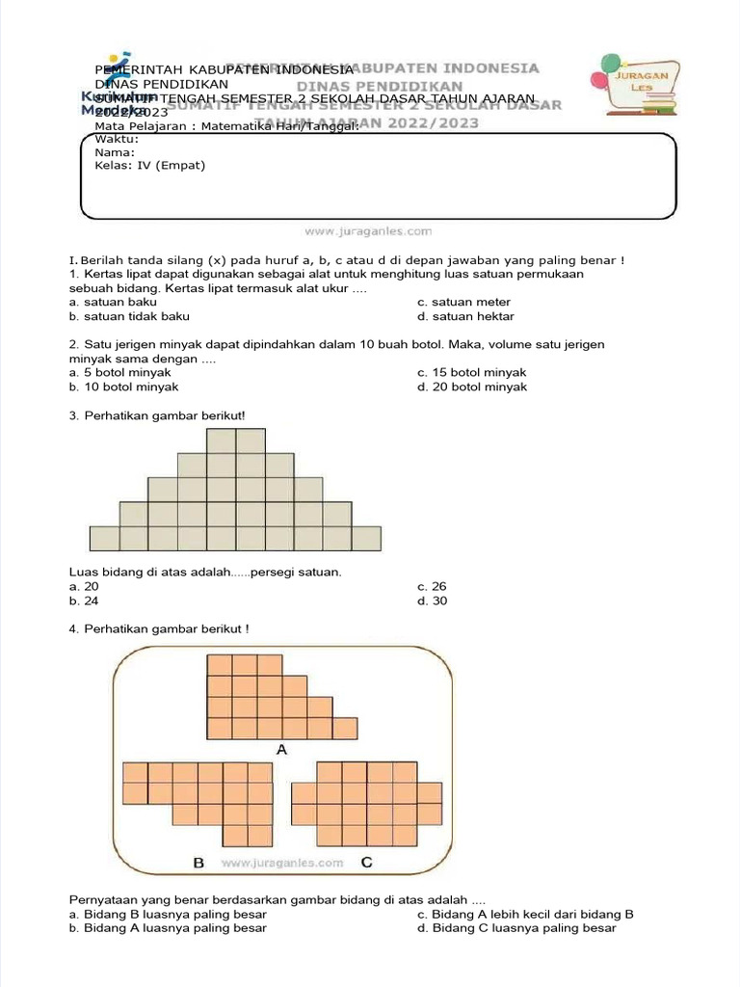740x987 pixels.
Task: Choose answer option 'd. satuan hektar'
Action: (x=465, y=316)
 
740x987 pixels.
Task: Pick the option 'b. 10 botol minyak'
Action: (x=123, y=387)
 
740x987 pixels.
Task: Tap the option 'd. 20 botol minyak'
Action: (x=472, y=387)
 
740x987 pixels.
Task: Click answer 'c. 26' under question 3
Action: (x=432, y=586)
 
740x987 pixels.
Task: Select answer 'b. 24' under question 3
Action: (x=84, y=600)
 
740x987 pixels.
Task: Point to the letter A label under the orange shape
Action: (x=282, y=749)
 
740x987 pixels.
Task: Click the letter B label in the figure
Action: (x=198, y=863)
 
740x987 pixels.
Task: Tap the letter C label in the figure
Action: (x=367, y=863)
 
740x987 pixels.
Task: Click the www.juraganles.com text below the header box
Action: (x=368, y=231)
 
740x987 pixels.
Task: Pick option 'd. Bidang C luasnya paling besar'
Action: (x=516, y=928)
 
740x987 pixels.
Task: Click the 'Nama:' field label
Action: (x=115, y=151)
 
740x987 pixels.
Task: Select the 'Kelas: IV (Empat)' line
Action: (x=149, y=165)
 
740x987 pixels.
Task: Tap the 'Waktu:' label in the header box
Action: (x=117, y=139)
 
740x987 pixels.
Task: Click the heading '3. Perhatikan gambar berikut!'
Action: (x=157, y=415)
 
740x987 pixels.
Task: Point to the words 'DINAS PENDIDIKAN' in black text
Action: (x=161, y=85)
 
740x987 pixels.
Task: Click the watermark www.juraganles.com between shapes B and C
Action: (x=281, y=863)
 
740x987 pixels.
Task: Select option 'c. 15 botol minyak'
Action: (x=472, y=372)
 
